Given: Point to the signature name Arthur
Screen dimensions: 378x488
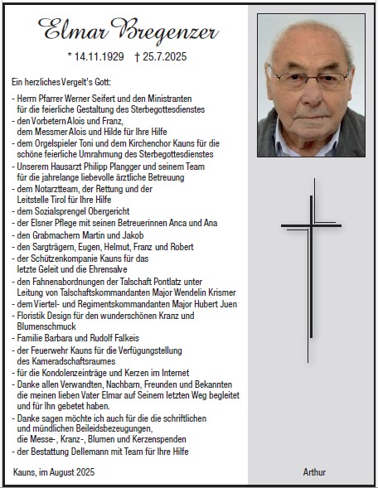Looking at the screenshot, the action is [314, 472].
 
